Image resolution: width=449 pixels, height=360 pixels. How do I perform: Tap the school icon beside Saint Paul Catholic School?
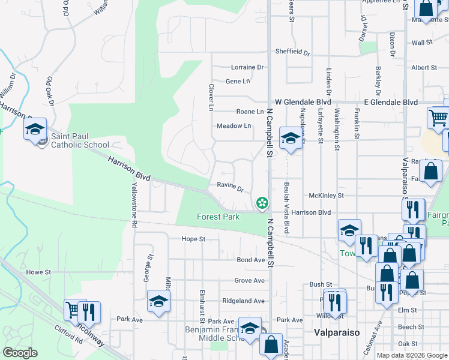click(x=35, y=129)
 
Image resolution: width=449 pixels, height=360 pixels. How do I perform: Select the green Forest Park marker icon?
click(x=262, y=204)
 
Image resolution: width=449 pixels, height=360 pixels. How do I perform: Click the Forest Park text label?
click(x=218, y=217)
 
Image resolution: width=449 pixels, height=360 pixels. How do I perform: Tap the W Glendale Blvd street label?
click(x=303, y=103)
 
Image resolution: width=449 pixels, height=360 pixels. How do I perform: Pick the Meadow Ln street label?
click(x=234, y=126)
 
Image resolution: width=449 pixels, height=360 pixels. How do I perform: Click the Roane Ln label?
click(x=250, y=112)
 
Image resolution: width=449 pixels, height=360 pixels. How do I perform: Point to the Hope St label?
click(x=194, y=239)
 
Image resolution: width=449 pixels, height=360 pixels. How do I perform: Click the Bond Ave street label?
click(x=251, y=260)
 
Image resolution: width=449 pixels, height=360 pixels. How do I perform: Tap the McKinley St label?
click(x=326, y=196)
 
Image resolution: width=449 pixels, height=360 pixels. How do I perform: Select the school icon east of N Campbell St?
click(x=291, y=138)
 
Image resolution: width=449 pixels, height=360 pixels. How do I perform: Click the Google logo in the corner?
click(x=20, y=353)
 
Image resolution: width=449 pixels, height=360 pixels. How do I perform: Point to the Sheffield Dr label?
click(x=292, y=52)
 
